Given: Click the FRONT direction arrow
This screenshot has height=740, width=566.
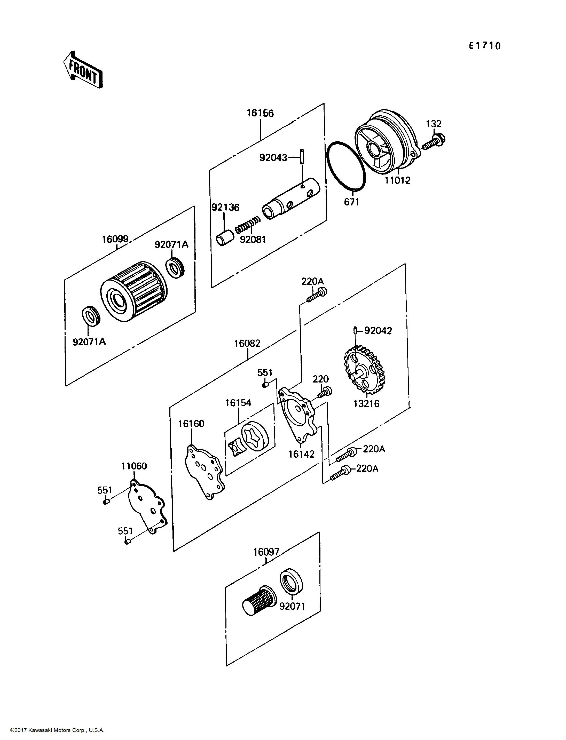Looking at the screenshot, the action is [83, 70].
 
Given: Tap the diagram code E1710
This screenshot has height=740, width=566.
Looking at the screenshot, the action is [485, 46].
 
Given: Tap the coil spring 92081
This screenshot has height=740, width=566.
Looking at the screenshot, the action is [248, 225].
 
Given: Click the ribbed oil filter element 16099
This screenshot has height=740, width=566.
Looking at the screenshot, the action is [134, 291].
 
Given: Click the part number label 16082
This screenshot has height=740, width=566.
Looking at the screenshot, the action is [247, 343].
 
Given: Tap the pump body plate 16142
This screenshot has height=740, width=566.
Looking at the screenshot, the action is [297, 415].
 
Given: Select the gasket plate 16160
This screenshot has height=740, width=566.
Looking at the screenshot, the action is [205, 472].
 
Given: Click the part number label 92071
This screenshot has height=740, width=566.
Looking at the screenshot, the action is [292, 606].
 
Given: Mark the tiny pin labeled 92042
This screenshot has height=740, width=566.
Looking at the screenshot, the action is [355, 331].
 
